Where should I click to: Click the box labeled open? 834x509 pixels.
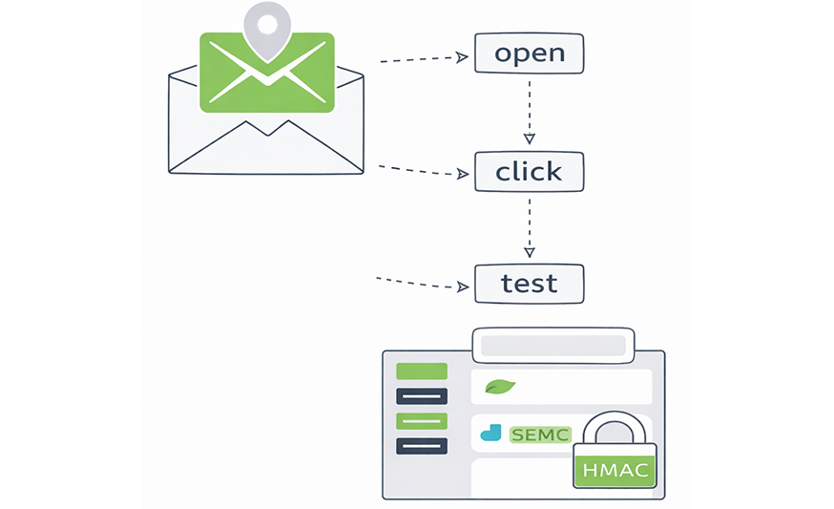click(529, 53)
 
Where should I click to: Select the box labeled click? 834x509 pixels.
click(529, 172)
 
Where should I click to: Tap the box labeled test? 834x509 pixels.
click(529, 283)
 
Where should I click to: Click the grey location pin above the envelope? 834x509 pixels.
click(267, 26)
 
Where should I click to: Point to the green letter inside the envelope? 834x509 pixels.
click(267, 72)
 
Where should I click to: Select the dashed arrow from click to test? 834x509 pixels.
click(530, 229)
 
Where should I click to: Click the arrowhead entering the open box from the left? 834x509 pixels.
click(463, 57)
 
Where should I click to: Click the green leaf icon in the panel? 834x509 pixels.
click(499, 387)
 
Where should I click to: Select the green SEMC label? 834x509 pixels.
click(539, 435)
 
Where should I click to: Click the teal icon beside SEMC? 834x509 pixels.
click(490, 434)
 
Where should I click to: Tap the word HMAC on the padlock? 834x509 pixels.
click(615, 470)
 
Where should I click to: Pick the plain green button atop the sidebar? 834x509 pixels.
click(421, 371)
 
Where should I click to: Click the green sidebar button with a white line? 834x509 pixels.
click(421, 420)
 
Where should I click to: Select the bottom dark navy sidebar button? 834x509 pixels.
click(421, 445)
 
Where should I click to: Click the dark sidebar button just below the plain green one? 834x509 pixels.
click(421, 395)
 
